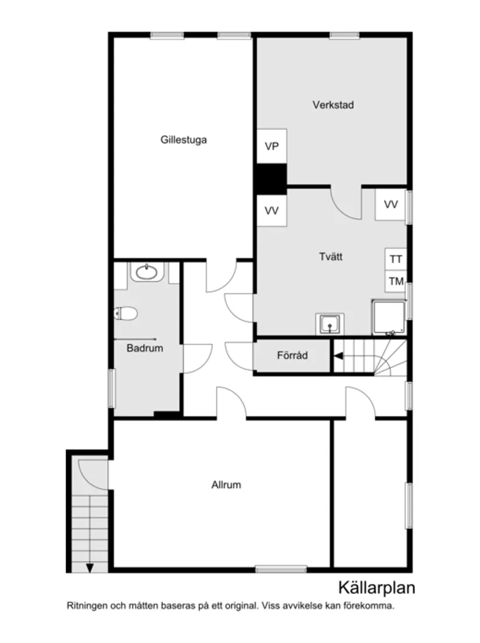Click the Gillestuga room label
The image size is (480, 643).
coord(184,140)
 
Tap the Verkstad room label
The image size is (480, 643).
coord(333,105)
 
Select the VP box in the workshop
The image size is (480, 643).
coord(272,146)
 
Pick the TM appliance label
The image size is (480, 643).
coord(396,281)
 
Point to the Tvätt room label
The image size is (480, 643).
coord(330,256)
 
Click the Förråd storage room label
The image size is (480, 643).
coord(292,355)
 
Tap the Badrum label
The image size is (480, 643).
coord(145,349)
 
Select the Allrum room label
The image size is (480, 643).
coord(226,485)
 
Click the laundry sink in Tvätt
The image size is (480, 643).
coord(330,323)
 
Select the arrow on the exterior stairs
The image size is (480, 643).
coord(90,567)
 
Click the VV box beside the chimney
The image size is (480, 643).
coord(272,211)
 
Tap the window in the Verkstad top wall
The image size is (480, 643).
coord(344,36)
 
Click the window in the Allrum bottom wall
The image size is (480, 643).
coord(280,569)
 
